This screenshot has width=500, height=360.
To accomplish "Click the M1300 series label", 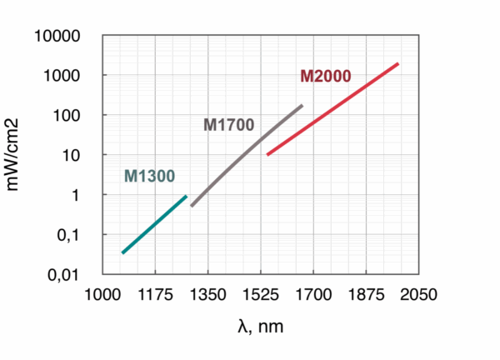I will (x=149, y=176).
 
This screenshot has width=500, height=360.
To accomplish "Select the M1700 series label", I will (x=228, y=125).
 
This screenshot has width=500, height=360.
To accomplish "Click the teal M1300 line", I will (x=154, y=223).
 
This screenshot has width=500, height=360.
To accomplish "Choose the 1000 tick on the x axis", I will (x=102, y=295).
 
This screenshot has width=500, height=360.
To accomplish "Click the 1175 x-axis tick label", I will (x=154, y=295).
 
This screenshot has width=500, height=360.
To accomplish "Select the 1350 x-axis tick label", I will (x=207, y=295).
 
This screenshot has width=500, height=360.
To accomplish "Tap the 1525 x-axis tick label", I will (x=260, y=295).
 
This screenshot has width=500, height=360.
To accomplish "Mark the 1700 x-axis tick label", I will (x=312, y=295).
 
